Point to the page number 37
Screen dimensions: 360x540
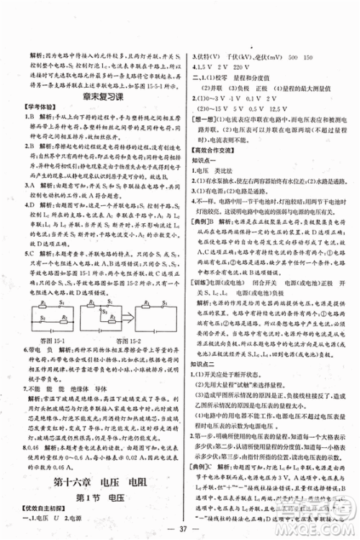point(180,532)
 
